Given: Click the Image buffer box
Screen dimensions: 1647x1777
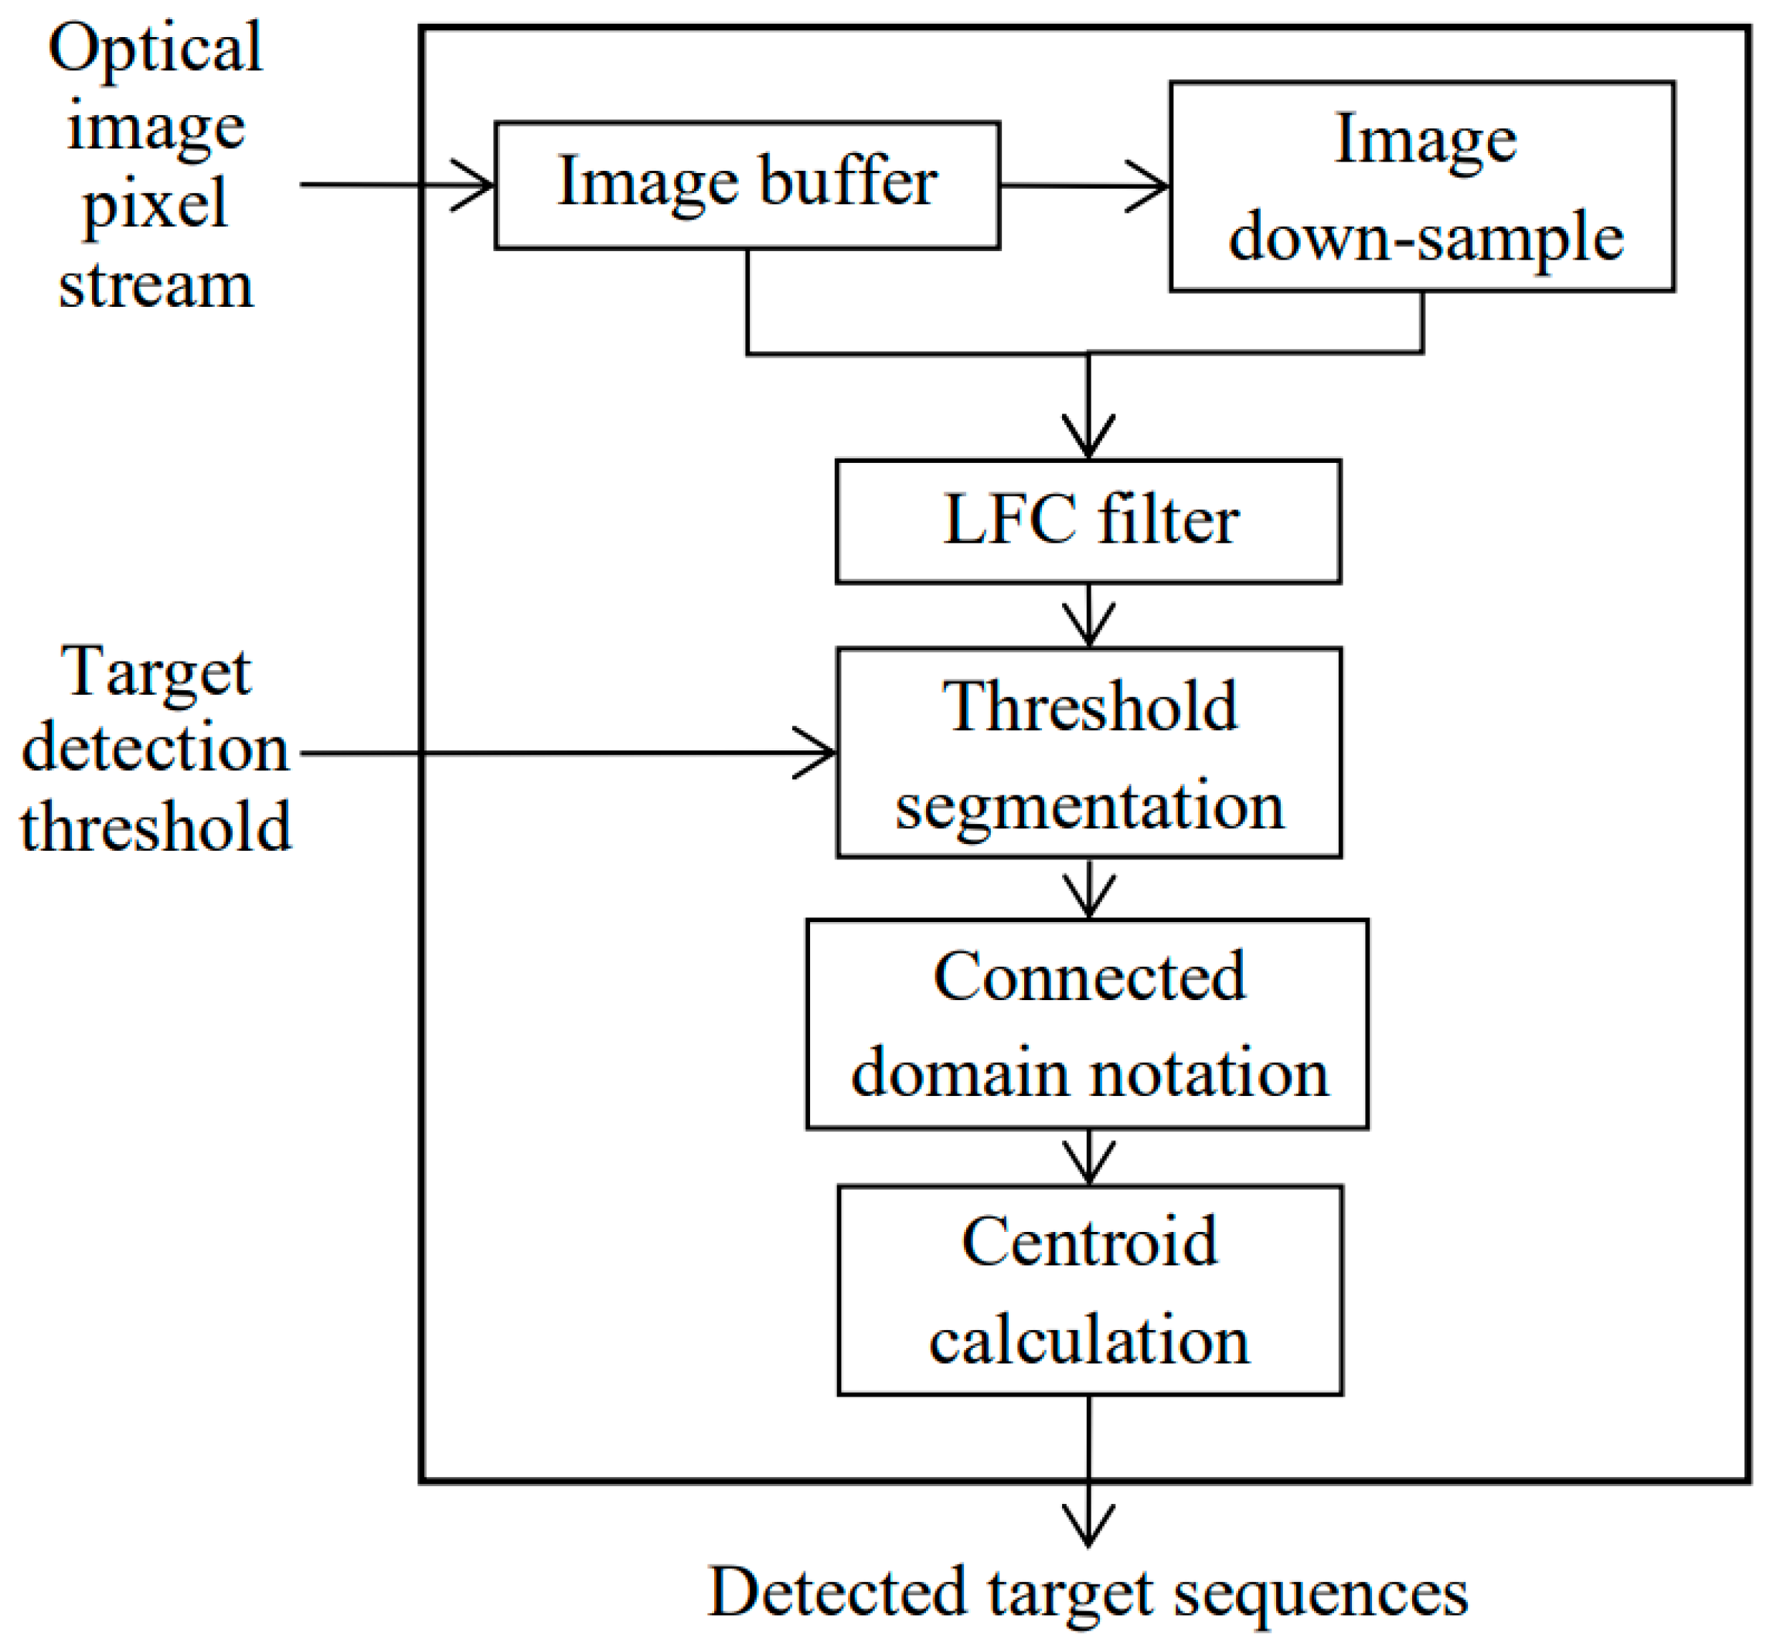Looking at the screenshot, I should [747, 185].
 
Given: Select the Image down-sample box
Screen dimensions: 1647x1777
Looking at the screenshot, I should [1422, 186].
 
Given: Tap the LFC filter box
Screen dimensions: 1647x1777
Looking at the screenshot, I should [1088, 522].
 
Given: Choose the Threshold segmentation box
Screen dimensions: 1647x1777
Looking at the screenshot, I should [1088, 753].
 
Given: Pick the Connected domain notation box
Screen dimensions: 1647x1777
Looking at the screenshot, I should [1088, 1024].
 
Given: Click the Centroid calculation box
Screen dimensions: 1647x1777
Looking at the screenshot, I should [1089, 1290].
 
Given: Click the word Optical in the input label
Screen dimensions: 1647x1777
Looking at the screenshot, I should [155, 48].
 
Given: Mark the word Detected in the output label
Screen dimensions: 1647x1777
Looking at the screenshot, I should [837, 1592].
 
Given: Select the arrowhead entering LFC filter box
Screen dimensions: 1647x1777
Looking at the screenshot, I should [1088, 439].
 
